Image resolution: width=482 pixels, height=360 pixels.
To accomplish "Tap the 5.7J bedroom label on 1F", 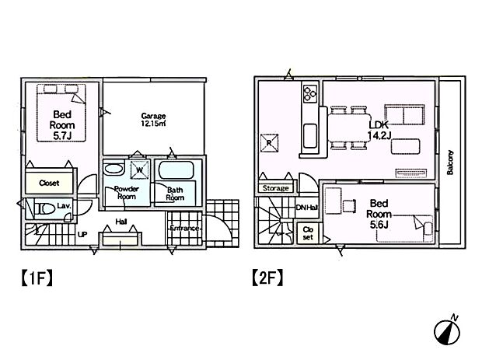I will (61, 124).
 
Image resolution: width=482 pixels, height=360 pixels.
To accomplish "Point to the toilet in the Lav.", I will (38, 208).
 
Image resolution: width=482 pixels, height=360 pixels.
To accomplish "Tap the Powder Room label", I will (127, 194).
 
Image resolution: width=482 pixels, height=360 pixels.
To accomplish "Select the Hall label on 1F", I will (121, 221).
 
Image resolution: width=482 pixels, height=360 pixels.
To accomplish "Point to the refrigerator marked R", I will (268, 142).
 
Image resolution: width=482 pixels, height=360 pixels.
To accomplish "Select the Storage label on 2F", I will (275, 188).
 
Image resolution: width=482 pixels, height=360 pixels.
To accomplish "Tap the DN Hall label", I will (308, 207).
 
